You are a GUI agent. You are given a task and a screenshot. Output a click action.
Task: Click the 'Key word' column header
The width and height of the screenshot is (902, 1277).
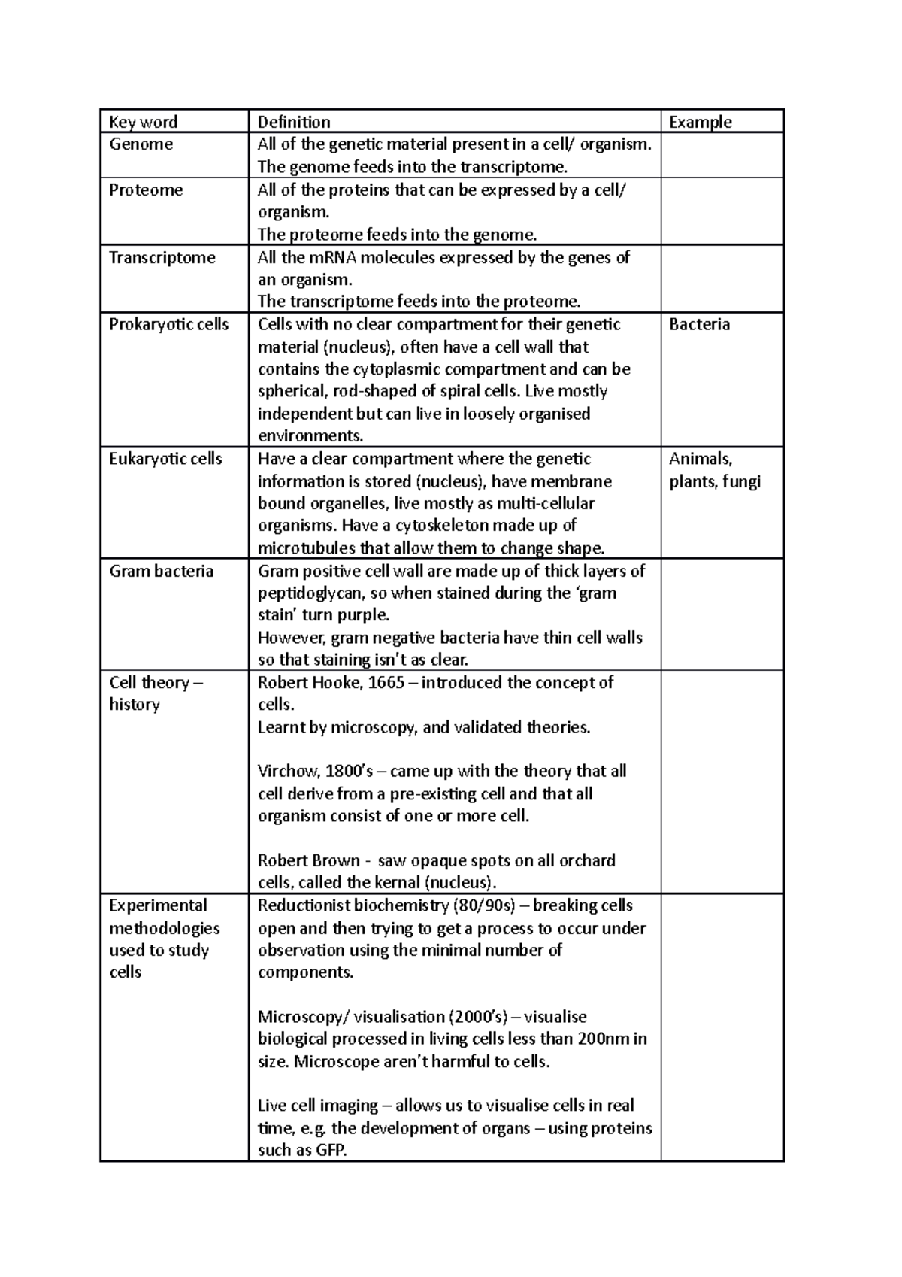(x=143, y=122)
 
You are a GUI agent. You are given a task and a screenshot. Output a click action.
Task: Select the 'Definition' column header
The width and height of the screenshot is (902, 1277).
(x=294, y=122)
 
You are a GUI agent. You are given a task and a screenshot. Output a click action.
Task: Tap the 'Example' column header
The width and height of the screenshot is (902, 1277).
(x=700, y=122)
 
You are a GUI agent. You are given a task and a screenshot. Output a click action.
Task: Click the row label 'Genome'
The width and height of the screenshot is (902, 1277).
(x=141, y=144)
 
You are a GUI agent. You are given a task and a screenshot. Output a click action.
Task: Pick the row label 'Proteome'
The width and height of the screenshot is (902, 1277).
(x=146, y=190)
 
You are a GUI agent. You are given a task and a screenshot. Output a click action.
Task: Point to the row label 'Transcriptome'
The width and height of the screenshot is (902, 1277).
(x=162, y=257)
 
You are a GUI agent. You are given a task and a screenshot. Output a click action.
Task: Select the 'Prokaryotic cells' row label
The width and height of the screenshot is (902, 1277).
(x=168, y=324)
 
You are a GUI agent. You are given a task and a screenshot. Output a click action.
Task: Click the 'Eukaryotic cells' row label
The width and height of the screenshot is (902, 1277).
(x=165, y=458)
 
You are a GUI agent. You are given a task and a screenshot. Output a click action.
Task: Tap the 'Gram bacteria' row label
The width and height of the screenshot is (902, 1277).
(x=161, y=571)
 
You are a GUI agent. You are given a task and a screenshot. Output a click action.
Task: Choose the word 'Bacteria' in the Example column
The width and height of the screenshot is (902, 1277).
(x=699, y=324)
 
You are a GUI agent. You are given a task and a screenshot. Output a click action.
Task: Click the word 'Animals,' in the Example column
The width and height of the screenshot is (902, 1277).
(x=701, y=458)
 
